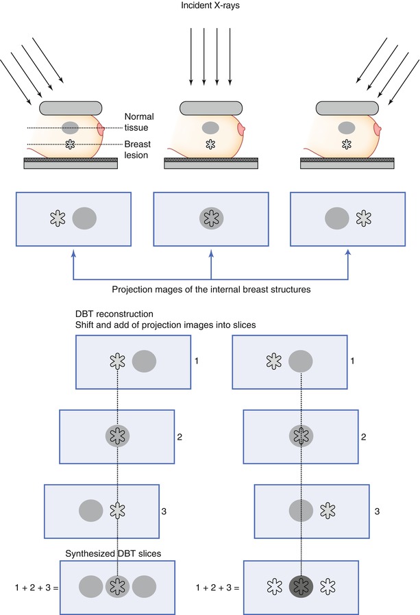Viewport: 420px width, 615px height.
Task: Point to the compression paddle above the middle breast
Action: pos(210,108)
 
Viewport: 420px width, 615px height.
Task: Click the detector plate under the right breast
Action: pos(347,163)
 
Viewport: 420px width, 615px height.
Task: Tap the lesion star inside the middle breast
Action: pos(210,145)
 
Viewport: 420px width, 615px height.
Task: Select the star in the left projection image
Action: pos(58,218)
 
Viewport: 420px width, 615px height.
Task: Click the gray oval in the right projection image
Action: pos(336,218)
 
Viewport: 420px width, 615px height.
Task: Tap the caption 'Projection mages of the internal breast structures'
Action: pos(210,290)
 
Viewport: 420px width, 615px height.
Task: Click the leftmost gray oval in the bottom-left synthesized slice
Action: pos(90,587)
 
